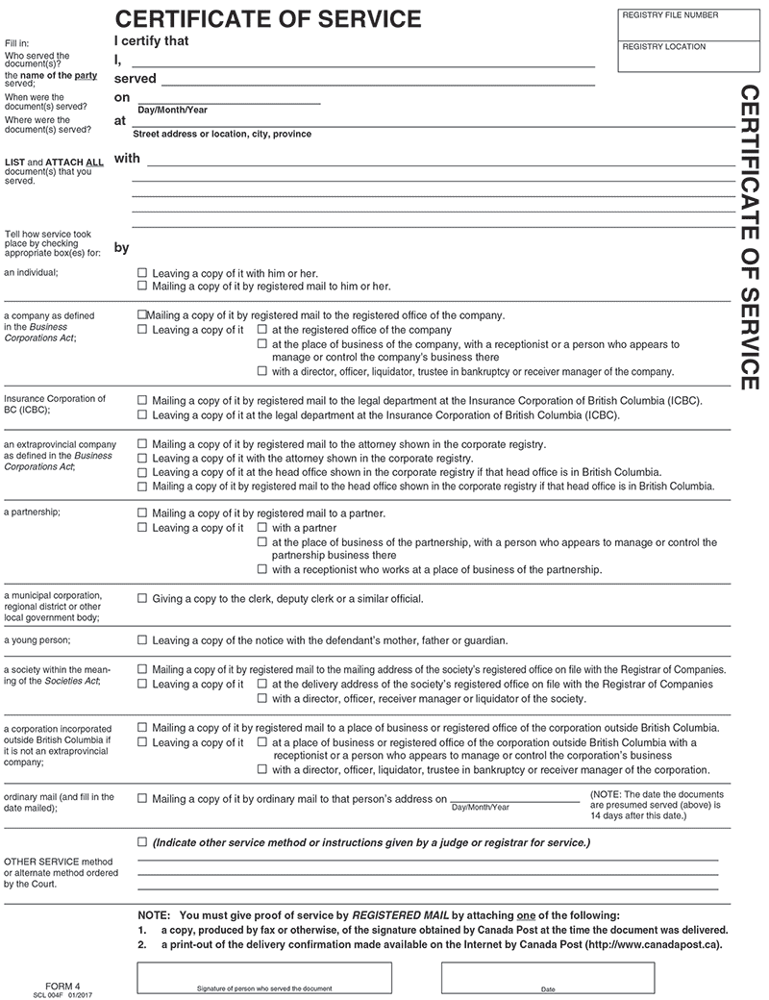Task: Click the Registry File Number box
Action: click(685, 25)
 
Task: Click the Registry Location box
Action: click(685, 57)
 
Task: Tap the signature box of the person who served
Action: click(264, 976)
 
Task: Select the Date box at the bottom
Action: click(547, 976)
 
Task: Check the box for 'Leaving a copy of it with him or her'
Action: click(143, 273)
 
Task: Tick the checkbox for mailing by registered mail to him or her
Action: click(143, 287)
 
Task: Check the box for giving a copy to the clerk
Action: click(143, 598)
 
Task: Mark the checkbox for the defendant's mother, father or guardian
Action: click(143, 640)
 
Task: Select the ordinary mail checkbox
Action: click(143, 798)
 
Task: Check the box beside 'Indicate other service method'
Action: click(143, 842)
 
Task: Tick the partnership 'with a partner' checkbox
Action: click(262, 528)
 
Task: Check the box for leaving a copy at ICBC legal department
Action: click(143, 415)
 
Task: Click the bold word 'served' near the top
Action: click(135, 78)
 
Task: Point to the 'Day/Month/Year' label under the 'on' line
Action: click(172, 110)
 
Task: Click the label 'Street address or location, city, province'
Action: click(222, 135)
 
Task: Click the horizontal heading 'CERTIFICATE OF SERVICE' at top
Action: click(267, 18)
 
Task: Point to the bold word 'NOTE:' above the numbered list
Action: click(155, 914)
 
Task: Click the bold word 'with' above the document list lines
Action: click(127, 158)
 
